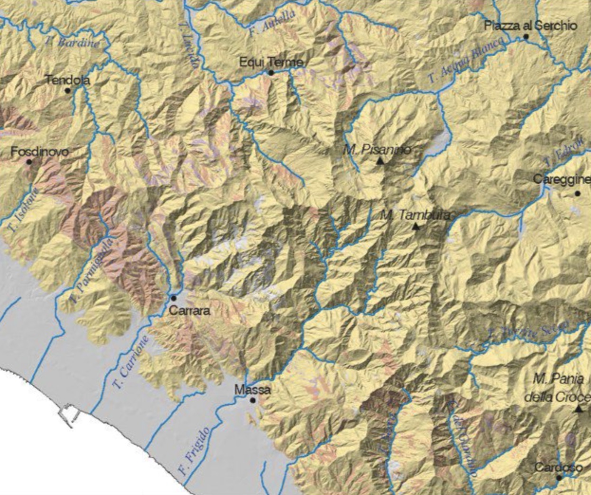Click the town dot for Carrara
(x=174, y=298)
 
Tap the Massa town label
(x=253, y=390)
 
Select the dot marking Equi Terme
(x=271, y=73)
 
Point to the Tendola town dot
(x=68, y=90)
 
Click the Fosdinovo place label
(x=40, y=152)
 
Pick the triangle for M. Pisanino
(x=379, y=161)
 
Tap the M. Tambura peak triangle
(x=416, y=226)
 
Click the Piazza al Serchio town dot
(x=526, y=37)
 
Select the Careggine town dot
(x=577, y=193)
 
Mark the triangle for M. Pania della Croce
(x=578, y=409)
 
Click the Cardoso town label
(x=558, y=467)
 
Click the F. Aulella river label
(x=272, y=23)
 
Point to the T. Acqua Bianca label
(x=465, y=60)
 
